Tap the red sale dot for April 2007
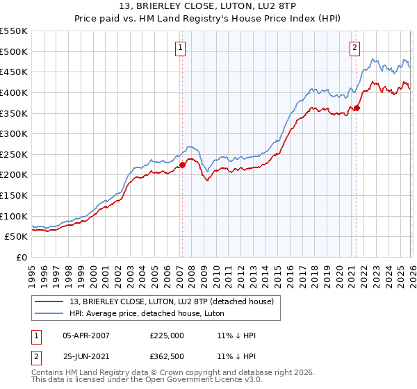pyautogui.click(x=182, y=165)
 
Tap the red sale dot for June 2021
pyautogui.click(x=357, y=108)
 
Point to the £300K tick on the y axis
pyautogui.click(x=15, y=133)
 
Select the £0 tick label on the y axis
pyautogui.click(x=22, y=257)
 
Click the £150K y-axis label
pyautogui.click(x=15, y=195)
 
